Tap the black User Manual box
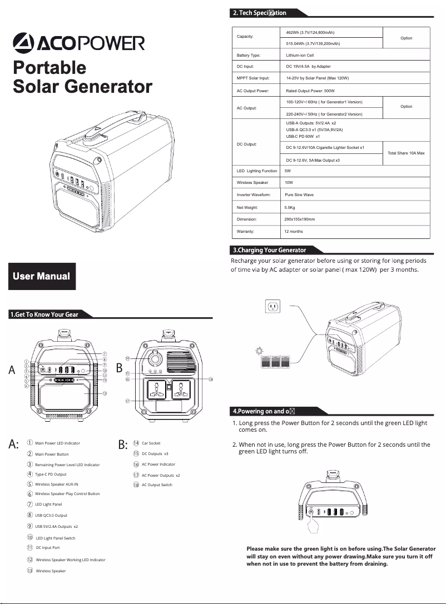click(41, 276)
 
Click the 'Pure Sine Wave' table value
click(299, 195)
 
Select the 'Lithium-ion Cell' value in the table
click(300, 56)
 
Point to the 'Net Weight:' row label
click(247, 207)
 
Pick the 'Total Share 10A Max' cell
click(406, 153)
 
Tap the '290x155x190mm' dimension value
click(300, 219)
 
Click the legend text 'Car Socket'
click(151, 443)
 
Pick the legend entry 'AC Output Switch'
click(157, 485)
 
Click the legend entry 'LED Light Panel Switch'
click(55, 538)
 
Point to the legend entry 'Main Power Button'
click(52, 455)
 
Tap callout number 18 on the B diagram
click(211, 380)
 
